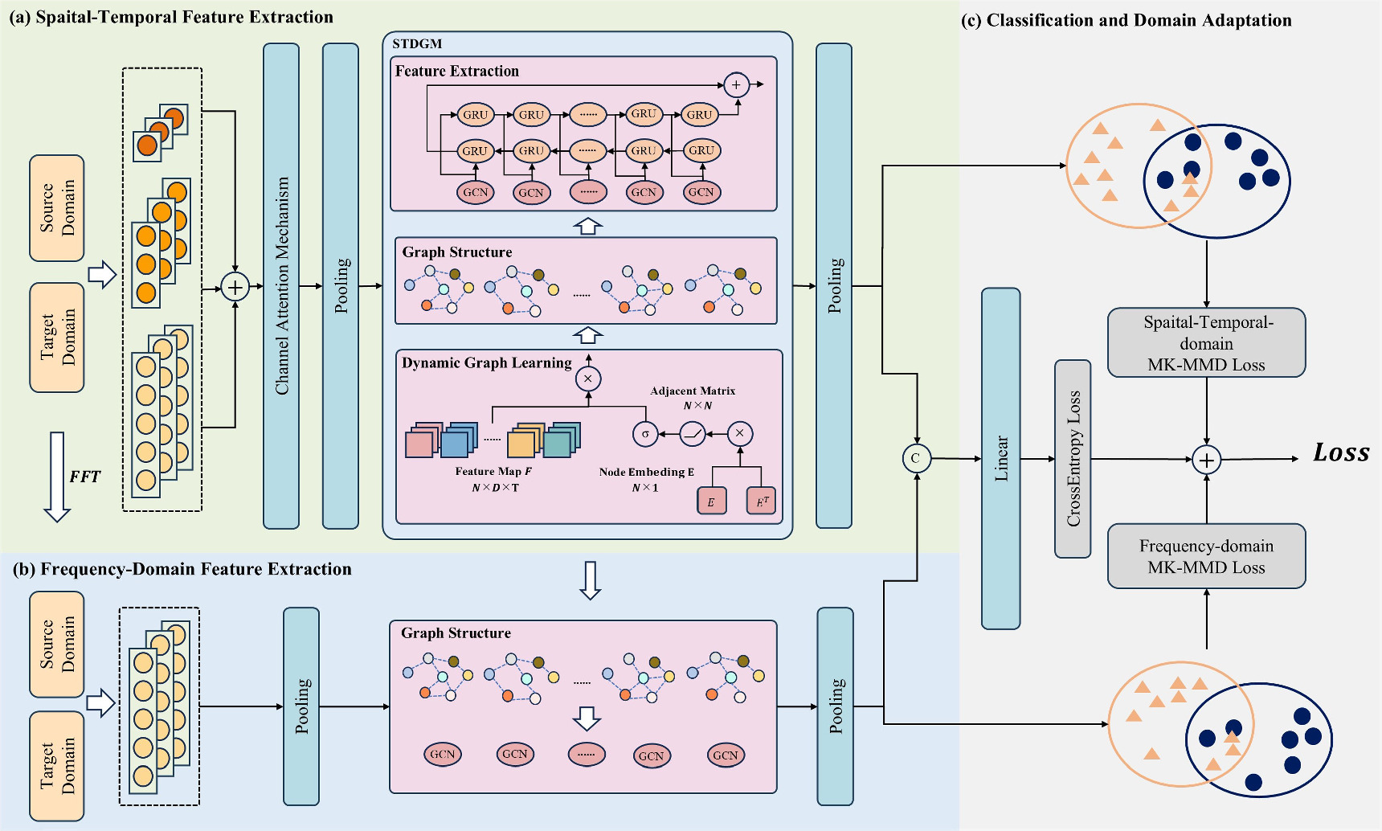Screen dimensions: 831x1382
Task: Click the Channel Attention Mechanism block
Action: (281, 285)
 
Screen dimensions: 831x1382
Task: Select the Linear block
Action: (1000, 458)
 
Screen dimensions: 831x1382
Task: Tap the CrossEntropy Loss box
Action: (1073, 458)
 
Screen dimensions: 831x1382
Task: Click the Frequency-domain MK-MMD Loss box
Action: (1206, 556)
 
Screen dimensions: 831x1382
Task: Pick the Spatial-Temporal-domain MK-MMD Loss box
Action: (1206, 342)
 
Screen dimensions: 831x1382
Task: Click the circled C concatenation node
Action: (916, 458)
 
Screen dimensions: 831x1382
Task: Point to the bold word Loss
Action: (1340, 452)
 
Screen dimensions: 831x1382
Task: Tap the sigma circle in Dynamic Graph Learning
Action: (645, 434)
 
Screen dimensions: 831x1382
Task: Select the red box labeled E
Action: (711, 501)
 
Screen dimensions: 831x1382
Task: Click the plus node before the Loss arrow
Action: (1206, 460)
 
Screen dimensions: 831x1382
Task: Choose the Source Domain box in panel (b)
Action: (57, 645)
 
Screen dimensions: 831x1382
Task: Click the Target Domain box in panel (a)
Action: (57, 338)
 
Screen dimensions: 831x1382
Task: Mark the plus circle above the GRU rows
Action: (736, 84)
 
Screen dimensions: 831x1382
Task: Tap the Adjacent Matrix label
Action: (693, 391)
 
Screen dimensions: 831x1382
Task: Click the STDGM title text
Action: (417, 43)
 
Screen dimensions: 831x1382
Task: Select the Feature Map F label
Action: (493, 472)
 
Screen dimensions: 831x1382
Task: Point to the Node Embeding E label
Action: (646, 473)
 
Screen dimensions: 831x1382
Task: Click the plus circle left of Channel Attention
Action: (235, 286)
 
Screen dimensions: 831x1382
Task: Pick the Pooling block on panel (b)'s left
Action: (301, 706)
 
